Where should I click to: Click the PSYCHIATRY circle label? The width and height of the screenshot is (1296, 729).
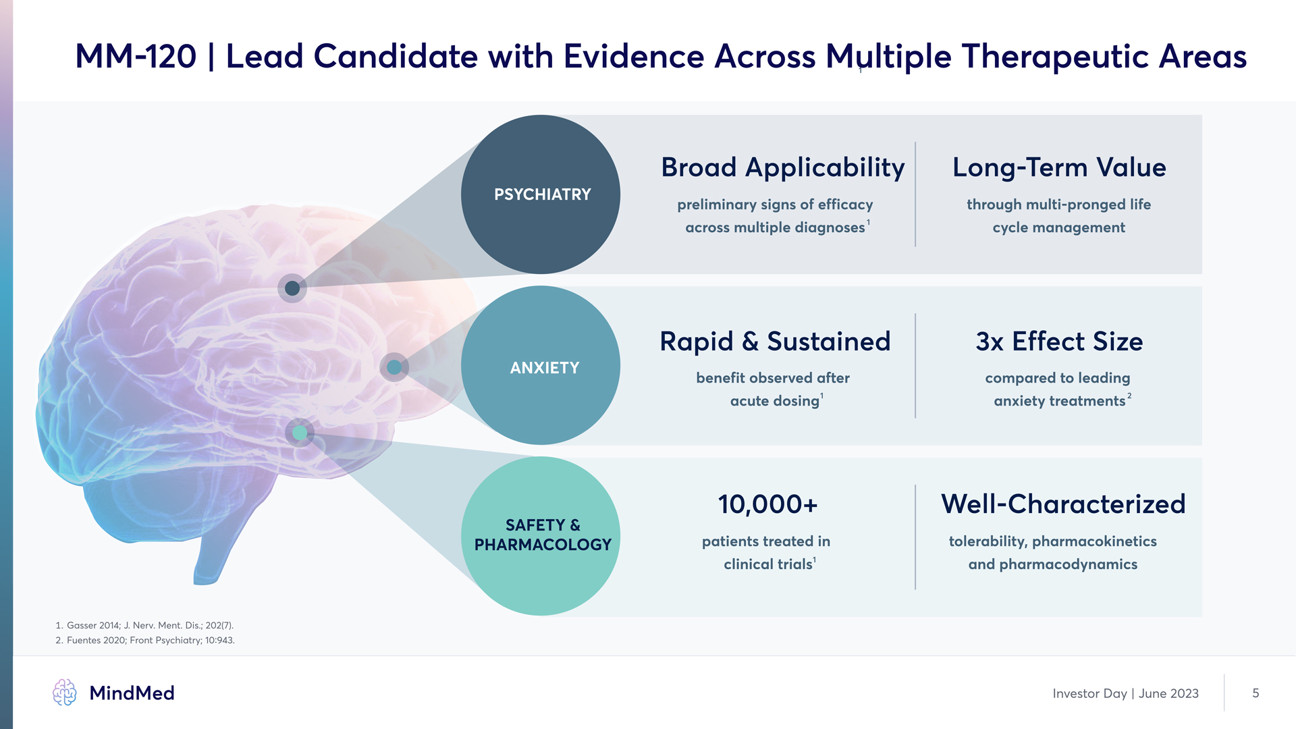point(542,194)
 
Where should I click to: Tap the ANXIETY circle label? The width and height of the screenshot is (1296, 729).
point(544,368)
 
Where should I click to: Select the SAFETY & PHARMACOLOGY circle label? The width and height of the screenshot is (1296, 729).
point(543,535)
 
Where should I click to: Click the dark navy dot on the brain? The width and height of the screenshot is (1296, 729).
point(292,288)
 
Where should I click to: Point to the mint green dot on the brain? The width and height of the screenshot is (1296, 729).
point(300,433)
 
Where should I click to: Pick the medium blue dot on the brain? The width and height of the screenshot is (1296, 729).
point(394,367)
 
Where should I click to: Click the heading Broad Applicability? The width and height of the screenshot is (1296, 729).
point(783,167)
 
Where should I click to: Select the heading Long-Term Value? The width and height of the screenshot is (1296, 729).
point(1059,167)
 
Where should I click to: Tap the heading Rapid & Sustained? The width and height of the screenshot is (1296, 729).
point(775,342)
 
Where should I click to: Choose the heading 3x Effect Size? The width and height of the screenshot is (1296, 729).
point(1059,342)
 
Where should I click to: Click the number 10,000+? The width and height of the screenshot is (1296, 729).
point(767,504)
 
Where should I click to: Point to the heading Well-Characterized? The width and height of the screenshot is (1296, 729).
point(1063,504)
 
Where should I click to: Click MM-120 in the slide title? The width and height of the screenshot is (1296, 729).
point(136,56)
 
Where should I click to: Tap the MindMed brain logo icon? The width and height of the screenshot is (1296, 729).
point(65,693)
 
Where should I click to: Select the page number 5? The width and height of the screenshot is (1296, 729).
point(1255,693)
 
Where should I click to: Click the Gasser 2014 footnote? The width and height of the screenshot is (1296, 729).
point(144,626)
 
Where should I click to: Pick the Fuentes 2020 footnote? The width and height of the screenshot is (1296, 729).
point(145,641)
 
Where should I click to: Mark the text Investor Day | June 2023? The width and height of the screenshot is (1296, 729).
point(1125,694)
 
